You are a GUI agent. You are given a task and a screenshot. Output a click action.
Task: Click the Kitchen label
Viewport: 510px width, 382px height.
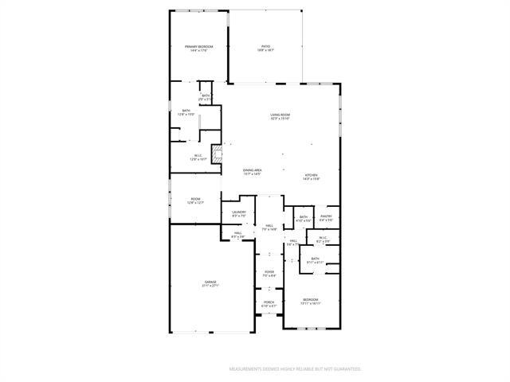311,177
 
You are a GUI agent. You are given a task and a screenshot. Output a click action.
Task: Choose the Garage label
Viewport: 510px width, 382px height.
210,283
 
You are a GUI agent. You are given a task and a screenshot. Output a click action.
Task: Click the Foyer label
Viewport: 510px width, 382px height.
269,274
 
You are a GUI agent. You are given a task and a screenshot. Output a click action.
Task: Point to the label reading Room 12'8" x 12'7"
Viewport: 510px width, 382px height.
195,201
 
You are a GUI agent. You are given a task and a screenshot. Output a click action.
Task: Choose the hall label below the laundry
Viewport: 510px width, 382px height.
237,234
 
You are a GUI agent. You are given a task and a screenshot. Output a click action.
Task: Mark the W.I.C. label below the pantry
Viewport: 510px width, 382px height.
323,239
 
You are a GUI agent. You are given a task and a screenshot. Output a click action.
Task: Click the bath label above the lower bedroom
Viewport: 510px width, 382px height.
315,259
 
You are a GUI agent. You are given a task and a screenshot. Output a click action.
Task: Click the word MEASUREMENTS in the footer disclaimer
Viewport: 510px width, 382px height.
249,369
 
